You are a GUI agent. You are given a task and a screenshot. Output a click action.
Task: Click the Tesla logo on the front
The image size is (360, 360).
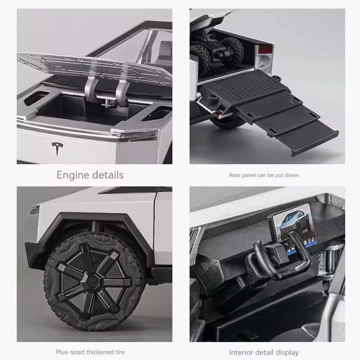[x=57, y=149]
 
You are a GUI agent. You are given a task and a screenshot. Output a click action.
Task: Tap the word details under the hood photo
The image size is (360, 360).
[x=107, y=175]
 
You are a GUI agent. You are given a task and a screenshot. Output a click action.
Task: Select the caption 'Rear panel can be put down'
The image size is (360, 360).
[x=264, y=175]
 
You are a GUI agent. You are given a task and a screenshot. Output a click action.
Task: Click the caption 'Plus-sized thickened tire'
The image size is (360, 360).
[x=90, y=352]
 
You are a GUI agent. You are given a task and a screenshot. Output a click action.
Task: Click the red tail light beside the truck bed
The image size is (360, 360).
[x=266, y=50]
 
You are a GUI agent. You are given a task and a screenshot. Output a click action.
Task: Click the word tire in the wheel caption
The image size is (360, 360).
[x=119, y=352]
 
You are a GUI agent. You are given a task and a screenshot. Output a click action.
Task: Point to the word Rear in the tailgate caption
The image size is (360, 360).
[x=235, y=175]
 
